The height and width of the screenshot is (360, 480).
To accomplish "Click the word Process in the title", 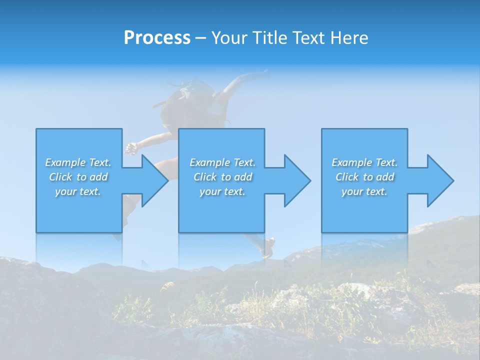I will click(157, 38).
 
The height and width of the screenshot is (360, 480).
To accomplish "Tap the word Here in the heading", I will click(349, 38).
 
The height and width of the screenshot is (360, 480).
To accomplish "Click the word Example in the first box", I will click(65, 162).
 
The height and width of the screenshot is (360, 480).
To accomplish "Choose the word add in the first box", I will click(99, 177).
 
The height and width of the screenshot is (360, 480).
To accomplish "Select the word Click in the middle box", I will click(205, 177).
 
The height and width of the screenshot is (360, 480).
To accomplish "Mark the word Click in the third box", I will click(347, 177).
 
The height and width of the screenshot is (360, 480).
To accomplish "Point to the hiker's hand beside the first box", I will click(131, 147).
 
